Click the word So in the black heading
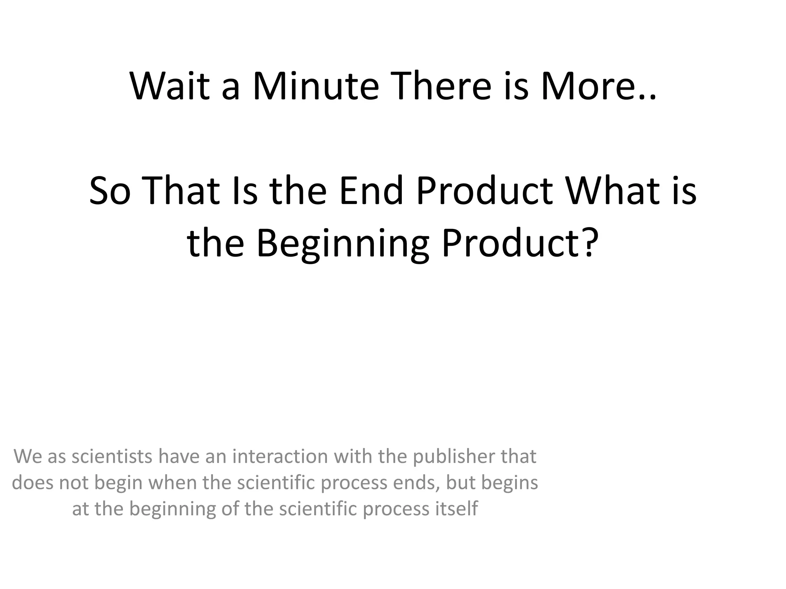point(110,191)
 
